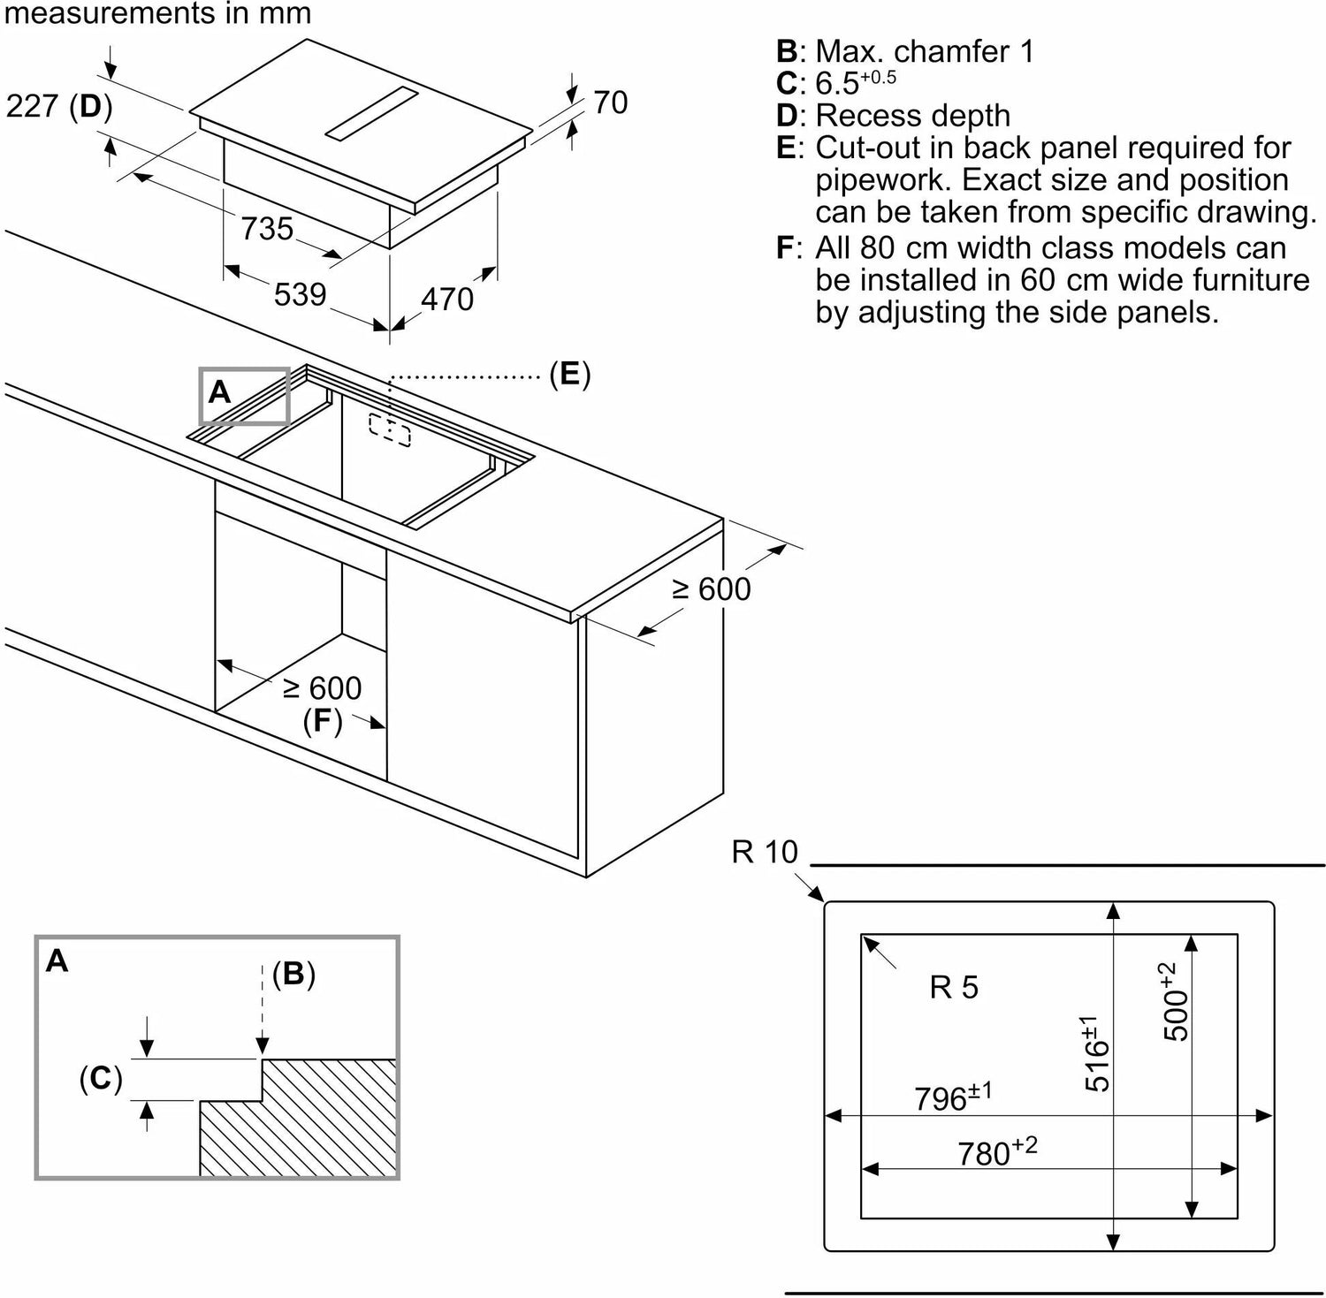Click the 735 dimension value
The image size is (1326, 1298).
(267, 228)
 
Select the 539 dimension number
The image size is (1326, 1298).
(300, 294)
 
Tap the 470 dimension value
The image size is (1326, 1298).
(447, 300)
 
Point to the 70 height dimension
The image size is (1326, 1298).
(610, 102)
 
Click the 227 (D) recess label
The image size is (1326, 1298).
(59, 107)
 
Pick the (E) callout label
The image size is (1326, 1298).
(569, 374)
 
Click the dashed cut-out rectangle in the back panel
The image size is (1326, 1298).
(390, 431)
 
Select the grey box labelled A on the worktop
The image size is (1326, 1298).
(244, 395)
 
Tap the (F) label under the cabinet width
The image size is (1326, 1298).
(322, 721)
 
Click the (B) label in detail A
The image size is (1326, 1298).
(293, 974)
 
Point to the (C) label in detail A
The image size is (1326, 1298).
(100, 1078)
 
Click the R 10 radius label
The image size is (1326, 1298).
(765, 852)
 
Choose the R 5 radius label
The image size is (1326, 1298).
(954, 987)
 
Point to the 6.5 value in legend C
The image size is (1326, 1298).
(837, 84)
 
